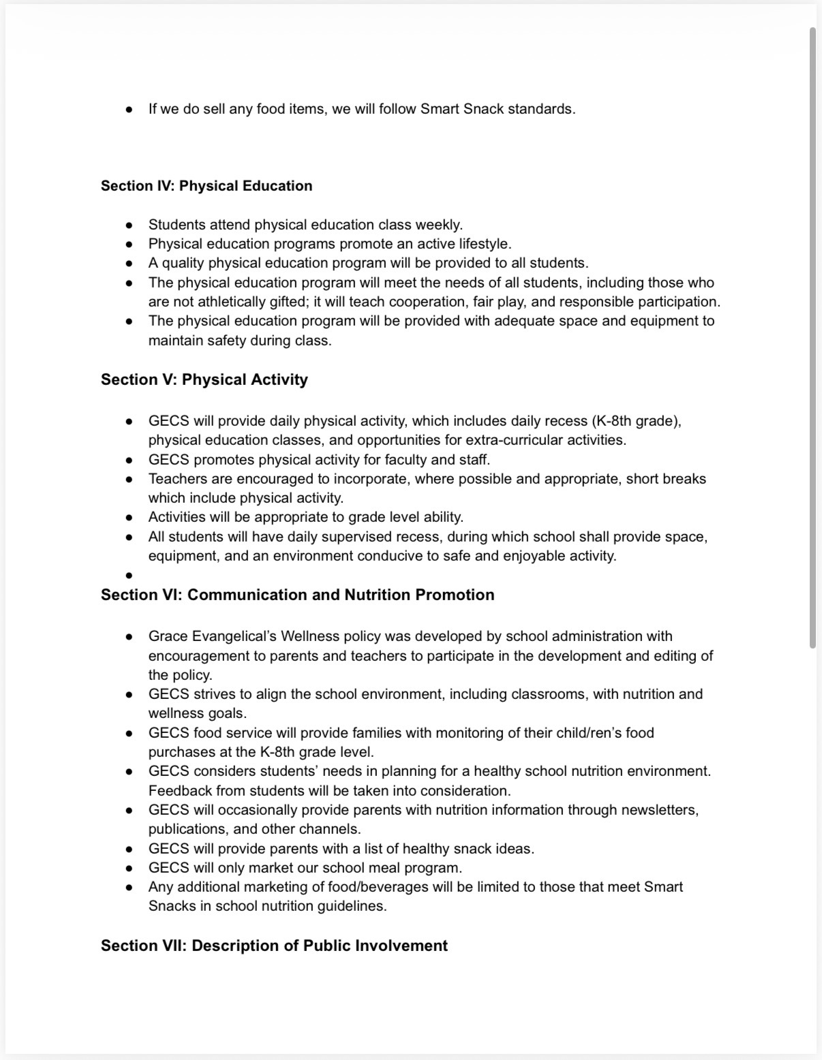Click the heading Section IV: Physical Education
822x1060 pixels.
[x=207, y=186]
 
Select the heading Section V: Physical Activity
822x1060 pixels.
[x=204, y=379]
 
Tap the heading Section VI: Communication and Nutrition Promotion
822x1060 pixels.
[x=298, y=595]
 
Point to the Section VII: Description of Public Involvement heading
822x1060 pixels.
[x=274, y=946]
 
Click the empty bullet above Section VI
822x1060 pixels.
[x=129, y=576]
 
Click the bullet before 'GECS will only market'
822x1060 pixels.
[x=129, y=869]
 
